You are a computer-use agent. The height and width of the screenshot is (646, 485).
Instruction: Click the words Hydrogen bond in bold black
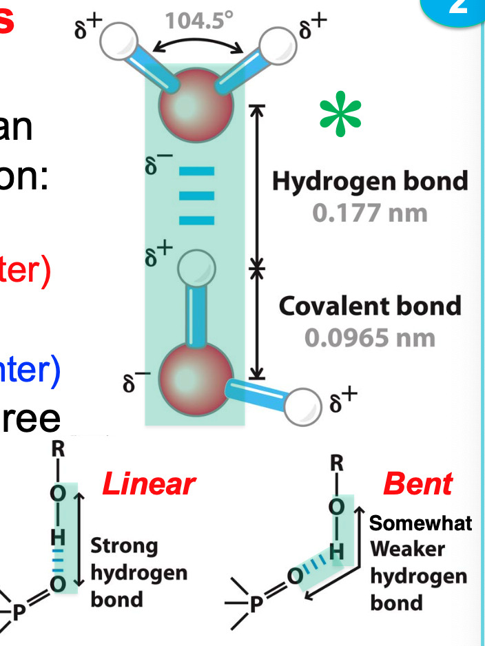(x=370, y=181)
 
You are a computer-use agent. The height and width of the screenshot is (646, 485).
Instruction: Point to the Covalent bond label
(x=370, y=306)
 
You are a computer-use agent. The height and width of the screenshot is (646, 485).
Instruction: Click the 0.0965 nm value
(x=370, y=337)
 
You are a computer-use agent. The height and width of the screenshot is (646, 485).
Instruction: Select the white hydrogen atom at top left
(x=118, y=42)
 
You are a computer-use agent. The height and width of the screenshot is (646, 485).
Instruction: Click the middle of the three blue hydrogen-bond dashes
(x=197, y=195)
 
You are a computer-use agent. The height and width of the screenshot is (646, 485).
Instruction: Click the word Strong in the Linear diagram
(x=125, y=547)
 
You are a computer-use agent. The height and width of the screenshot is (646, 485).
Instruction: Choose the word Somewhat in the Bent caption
(x=420, y=523)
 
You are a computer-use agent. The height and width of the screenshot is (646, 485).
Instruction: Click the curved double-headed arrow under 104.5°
(x=200, y=45)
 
